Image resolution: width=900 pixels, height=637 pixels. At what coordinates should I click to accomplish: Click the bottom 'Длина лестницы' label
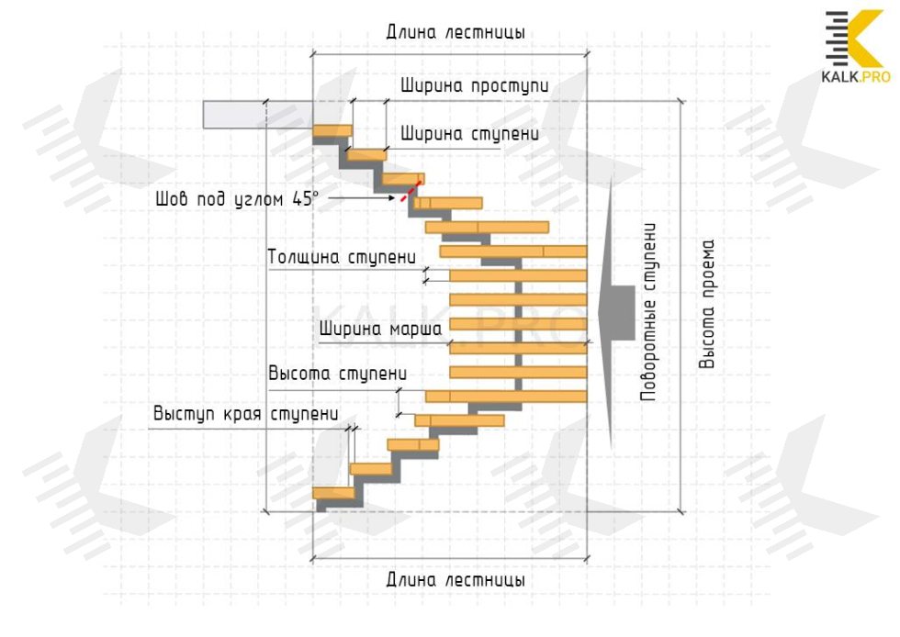[x=456, y=581]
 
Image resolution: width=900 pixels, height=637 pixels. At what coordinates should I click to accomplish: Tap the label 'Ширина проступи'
[x=475, y=86]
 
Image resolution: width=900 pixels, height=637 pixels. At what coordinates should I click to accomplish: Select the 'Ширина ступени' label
[x=468, y=134]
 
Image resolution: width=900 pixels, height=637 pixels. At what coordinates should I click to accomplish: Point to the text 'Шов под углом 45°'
[x=237, y=198]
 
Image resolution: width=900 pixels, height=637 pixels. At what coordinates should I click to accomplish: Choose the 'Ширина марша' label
[x=380, y=329]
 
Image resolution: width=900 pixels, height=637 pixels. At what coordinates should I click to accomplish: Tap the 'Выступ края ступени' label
[x=245, y=414]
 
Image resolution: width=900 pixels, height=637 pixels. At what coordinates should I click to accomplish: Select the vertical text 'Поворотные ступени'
[x=648, y=311]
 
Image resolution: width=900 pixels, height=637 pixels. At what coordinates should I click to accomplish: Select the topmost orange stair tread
[x=332, y=131]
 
